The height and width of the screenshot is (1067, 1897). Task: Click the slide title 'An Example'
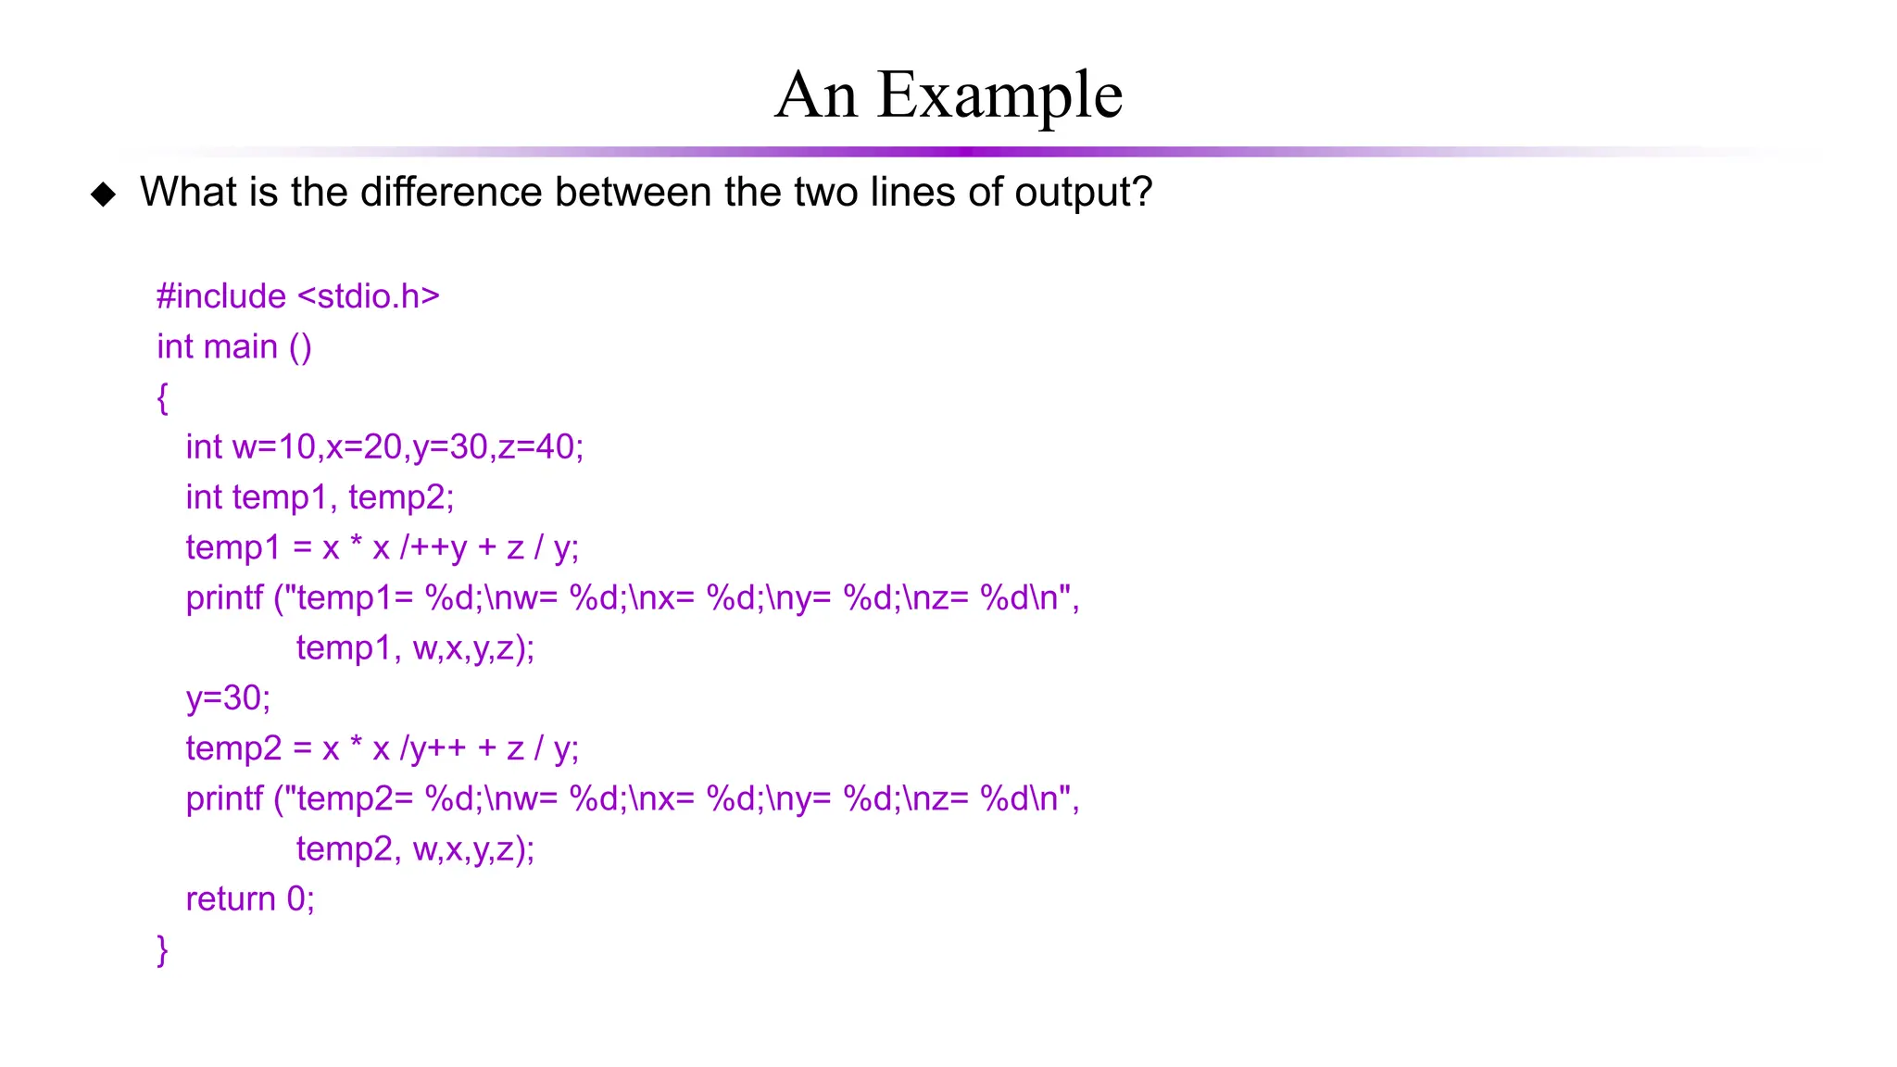point(948,94)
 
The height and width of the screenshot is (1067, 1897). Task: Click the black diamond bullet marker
point(104,194)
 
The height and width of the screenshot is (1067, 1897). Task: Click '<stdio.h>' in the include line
point(368,296)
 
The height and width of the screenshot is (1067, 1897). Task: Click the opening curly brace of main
point(162,397)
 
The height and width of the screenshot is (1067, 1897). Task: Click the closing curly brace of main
point(162,949)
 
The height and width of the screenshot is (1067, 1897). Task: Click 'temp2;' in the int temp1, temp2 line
point(401,497)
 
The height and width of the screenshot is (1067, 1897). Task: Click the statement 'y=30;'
point(228,697)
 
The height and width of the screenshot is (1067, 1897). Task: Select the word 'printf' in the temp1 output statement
point(224,598)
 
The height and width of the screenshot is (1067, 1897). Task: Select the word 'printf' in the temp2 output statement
point(224,798)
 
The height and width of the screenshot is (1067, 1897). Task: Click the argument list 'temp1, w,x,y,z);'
point(415,648)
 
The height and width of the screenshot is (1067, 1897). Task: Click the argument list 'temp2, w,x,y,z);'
point(415,849)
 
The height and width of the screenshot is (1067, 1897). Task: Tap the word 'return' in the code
point(231,899)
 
